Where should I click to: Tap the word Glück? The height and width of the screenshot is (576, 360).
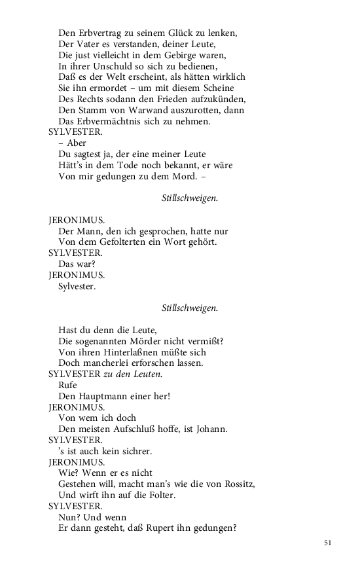(181, 32)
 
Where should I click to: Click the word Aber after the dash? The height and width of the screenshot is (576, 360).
(76, 143)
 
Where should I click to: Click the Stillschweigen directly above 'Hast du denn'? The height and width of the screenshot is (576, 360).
(190, 308)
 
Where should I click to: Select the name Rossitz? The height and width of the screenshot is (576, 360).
(238, 484)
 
